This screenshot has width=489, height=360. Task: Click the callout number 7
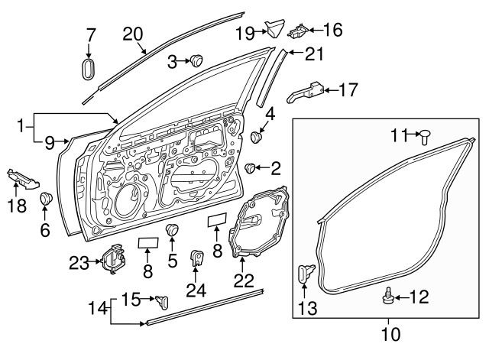tap(90, 34)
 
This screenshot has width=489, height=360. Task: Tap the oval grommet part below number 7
tap(89, 69)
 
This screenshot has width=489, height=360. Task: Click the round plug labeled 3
tap(196, 60)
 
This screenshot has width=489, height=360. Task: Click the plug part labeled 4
tap(256, 138)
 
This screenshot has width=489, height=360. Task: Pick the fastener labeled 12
tap(390, 294)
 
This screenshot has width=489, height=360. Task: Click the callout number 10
tap(389, 334)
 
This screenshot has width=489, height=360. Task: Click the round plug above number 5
tap(172, 230)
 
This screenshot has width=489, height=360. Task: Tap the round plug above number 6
tap(45, 199)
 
